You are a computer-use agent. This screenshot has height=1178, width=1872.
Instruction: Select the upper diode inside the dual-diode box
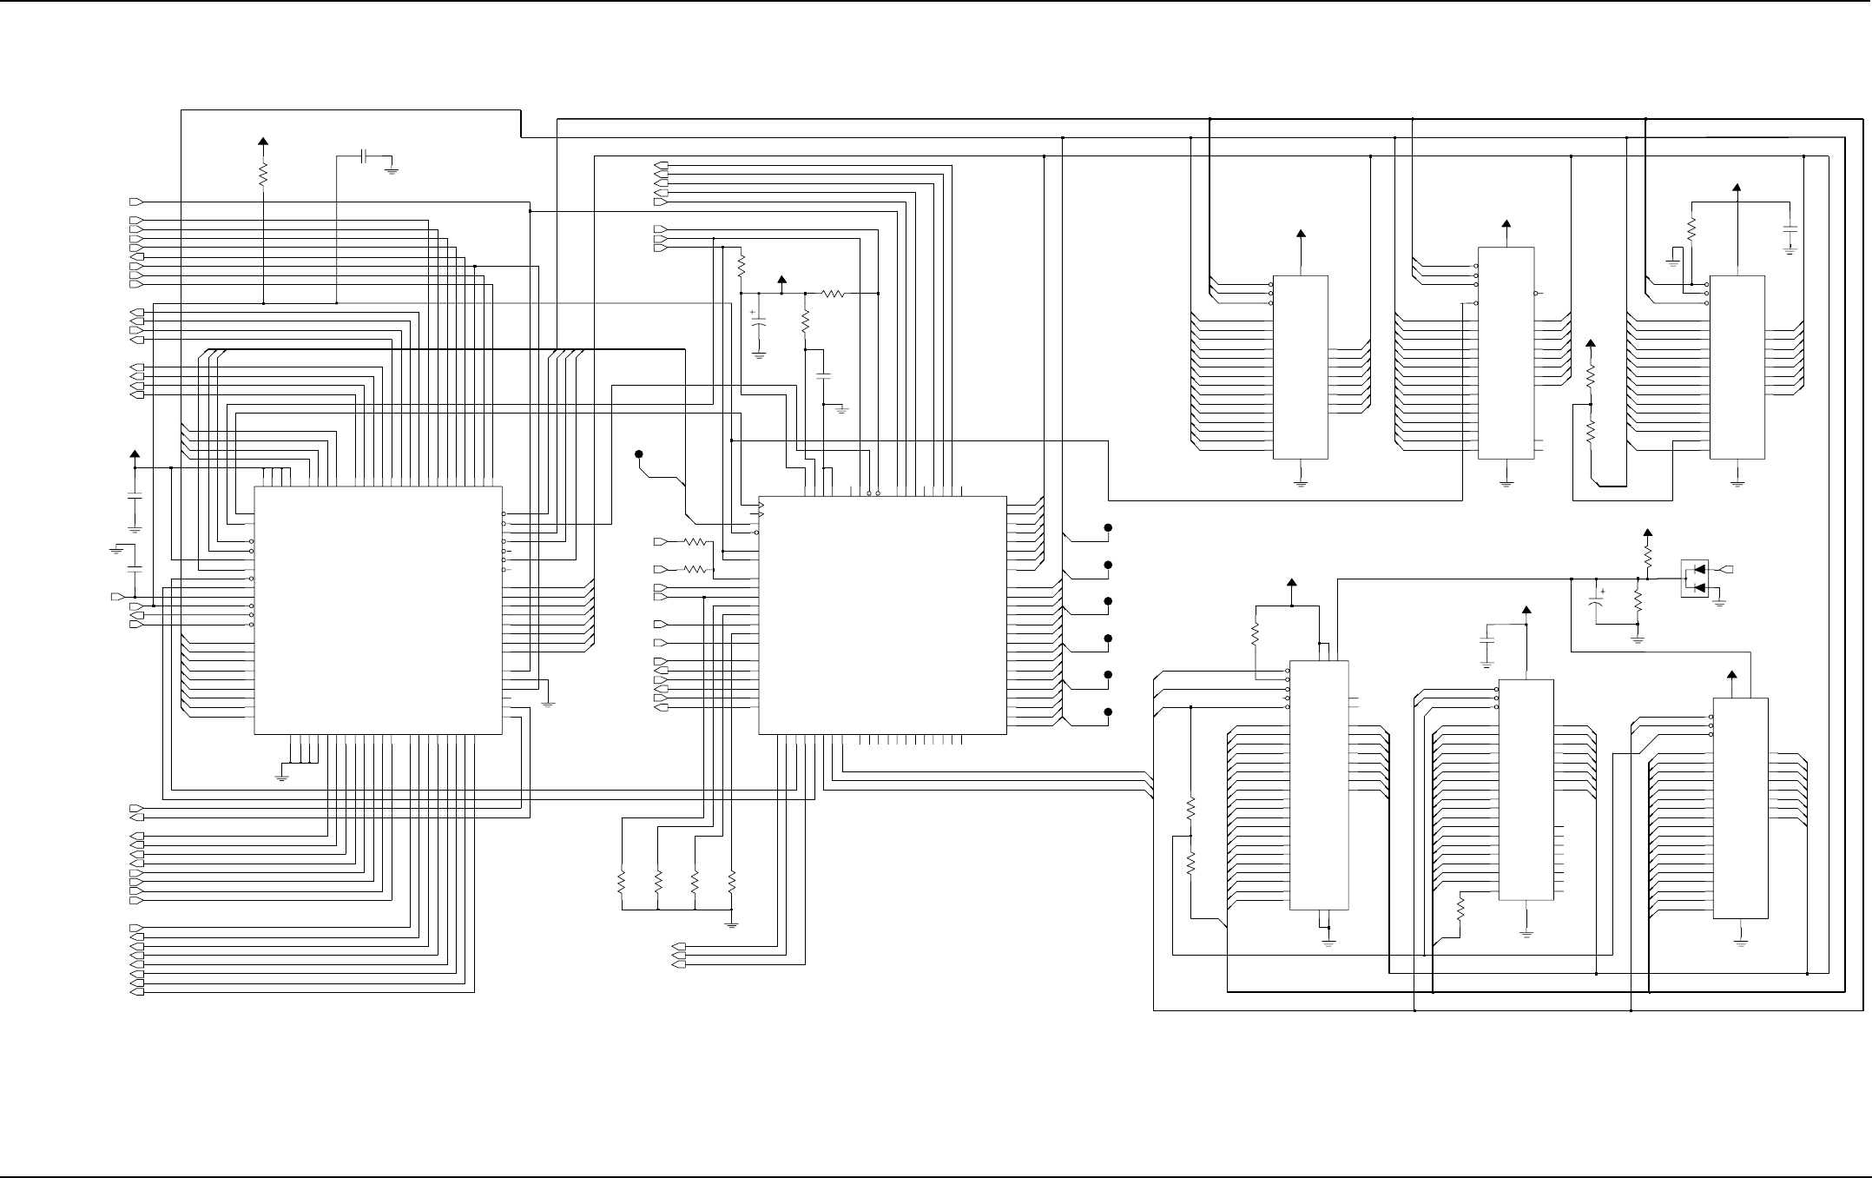click(x=1698, y=571)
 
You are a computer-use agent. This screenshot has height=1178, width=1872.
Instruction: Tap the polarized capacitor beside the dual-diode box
click(x=1596, y=601)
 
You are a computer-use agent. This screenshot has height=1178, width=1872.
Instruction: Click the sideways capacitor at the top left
click(x=366, y=156)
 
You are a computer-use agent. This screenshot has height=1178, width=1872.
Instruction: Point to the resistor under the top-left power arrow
click(x=263, y=175)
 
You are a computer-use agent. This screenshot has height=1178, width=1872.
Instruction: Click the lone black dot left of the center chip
click(x=639, y=454)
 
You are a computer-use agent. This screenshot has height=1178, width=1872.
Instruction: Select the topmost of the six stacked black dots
click(x=1108, y=528)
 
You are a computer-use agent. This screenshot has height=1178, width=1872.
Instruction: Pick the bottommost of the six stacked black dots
click(x=1108, y=712)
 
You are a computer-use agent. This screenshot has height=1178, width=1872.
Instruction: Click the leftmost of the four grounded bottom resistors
click(x=622, y=883)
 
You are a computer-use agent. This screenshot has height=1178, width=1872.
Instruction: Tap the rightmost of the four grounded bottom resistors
click(x=732, y=883)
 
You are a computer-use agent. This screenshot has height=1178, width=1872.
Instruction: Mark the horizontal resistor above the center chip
click(x=834, y=294)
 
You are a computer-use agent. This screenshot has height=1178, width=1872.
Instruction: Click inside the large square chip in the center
click(x=882, y=615)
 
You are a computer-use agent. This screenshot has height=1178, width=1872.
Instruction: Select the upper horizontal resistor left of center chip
click(x=696, y=542)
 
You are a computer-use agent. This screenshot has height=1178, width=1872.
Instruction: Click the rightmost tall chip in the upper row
click(x=1737, y=367)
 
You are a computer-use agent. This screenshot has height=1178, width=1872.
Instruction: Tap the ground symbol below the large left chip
click(x=281, y=777)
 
